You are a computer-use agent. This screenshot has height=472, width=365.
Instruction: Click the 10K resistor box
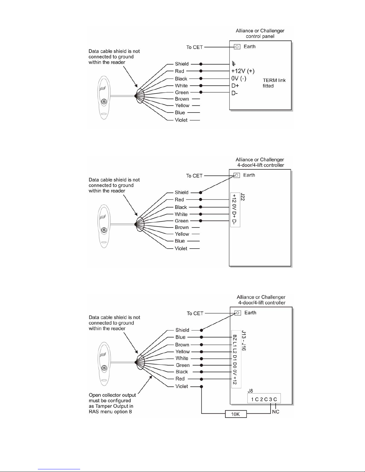click(236, 414)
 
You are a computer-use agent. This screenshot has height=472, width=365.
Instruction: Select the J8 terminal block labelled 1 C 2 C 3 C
click(264, 399)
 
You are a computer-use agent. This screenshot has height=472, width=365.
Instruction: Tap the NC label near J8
click(276, 412)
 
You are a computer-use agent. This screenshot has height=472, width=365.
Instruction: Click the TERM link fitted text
click(274, 83)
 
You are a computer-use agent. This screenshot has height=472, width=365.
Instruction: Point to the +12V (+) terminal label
click(243, 71)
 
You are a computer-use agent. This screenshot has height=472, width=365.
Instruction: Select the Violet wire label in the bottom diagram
click(182, 387)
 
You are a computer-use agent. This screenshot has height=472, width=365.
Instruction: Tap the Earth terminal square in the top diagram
click(237, 47)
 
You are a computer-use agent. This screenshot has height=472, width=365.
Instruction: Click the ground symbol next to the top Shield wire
click(234, 64)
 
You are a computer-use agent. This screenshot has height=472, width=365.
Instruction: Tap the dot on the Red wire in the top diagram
click(201, 71)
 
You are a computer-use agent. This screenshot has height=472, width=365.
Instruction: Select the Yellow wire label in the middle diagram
click(182, 234)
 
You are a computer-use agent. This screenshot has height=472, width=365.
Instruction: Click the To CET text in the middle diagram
click(194, 176)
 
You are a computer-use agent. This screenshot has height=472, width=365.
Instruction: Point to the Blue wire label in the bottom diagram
click(180, 337)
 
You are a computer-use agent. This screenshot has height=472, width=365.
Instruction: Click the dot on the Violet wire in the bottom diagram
click(201, 387)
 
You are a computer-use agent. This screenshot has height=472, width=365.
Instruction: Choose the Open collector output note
click(112, 403)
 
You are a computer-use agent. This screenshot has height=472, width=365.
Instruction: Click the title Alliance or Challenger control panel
click(260, 33)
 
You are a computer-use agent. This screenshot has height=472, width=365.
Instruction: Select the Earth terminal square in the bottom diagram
click(238, 313)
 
